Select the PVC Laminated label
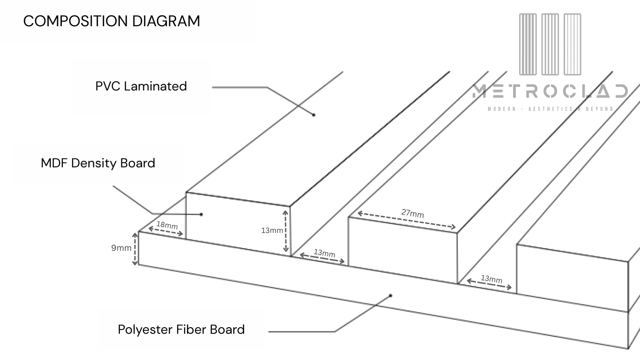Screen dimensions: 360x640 141,86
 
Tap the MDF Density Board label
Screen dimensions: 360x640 98,163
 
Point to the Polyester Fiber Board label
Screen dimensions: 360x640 181,330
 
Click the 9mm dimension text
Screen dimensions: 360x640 121,248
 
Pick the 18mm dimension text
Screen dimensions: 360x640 167,225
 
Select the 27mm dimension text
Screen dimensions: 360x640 412,213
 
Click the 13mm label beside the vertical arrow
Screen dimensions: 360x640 272,230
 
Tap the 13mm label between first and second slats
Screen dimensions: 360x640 325,254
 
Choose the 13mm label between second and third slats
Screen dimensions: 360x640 491,279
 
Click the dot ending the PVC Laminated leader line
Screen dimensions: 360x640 314,114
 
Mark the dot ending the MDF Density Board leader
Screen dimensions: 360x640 201,214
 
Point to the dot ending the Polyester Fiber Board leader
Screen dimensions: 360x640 390,295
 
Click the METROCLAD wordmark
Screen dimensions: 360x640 550,92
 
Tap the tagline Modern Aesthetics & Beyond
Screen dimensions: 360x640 550,109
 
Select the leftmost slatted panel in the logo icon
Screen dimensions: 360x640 528,45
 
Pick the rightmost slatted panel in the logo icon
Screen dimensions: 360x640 572,45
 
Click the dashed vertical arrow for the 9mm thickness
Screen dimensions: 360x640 135,249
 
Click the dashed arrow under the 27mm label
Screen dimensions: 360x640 406,221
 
